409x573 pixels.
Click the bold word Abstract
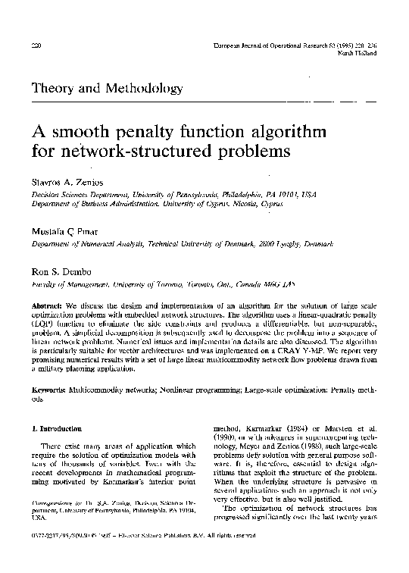pos(45,296)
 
